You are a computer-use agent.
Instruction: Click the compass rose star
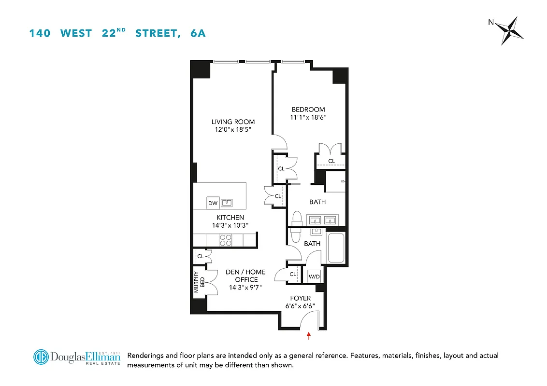pos(512,30)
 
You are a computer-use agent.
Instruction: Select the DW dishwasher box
pos(213,203)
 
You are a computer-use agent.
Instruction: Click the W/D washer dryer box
pos(315,277)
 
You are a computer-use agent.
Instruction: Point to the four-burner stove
pos(226,240)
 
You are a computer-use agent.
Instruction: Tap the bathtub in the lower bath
pos(336,248)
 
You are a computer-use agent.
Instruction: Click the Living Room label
pos(233,122)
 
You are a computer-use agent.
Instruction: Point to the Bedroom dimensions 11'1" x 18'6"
pos(308,117)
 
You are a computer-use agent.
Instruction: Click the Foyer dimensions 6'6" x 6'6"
pos(300,306)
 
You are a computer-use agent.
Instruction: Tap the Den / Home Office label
pos(245,276)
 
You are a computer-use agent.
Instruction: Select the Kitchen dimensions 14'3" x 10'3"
pos(230,225)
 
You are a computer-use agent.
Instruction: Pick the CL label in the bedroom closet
pos(331,161)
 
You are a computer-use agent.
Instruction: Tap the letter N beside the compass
pos(491,22)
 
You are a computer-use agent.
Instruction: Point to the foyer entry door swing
pos(309,319)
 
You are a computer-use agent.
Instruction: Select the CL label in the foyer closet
pos(293,274)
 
